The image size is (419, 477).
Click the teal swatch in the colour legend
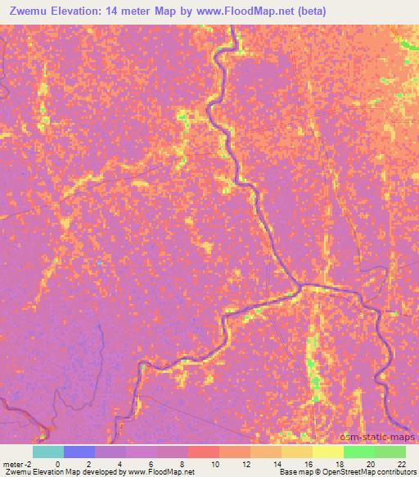[48, 452]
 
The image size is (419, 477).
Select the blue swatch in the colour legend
[79, 452]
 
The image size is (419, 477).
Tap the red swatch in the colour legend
[204, 452]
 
